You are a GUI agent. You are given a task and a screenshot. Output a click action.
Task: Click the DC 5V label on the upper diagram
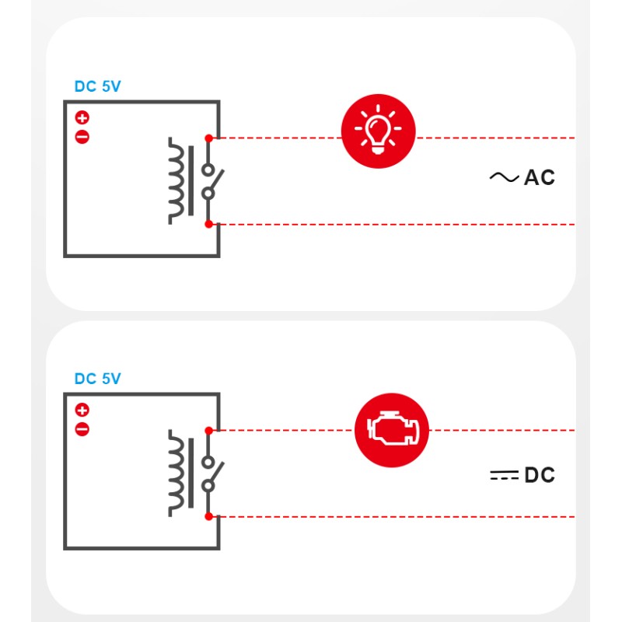[x=97, y=86]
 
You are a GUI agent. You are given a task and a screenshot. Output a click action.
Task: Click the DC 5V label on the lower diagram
[x=97, y=379]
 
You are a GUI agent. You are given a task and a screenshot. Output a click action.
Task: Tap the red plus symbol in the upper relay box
[x=82, y=118]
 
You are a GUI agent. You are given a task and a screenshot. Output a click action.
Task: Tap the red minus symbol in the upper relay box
[x=82, y=138]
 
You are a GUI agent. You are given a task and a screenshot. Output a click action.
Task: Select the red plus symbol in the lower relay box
[x=82, y=410]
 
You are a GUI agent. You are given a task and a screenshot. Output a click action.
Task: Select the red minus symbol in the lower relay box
[x=82, y=429]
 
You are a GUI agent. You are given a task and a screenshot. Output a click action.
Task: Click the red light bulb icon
[x=379, y=130]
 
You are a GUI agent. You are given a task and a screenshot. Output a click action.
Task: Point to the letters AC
[x=540, y=178]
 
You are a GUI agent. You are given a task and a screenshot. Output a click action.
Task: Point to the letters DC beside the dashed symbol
[x=540, y=475]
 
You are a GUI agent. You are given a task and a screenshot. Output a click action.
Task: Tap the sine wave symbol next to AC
[x=504, y=178]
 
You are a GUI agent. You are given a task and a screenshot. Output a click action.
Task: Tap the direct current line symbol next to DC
[x=504, y=475]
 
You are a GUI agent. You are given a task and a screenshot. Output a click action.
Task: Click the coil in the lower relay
[x=179, y=473]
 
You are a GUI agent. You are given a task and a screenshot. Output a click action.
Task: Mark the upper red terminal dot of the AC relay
[x=208, y=138]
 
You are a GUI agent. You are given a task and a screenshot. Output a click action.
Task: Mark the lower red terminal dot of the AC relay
[x=208, y=225]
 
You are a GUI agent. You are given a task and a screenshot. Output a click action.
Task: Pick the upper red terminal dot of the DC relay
[x=208, y=430]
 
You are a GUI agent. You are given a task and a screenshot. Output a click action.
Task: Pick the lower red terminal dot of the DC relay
[x=208, y=516]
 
